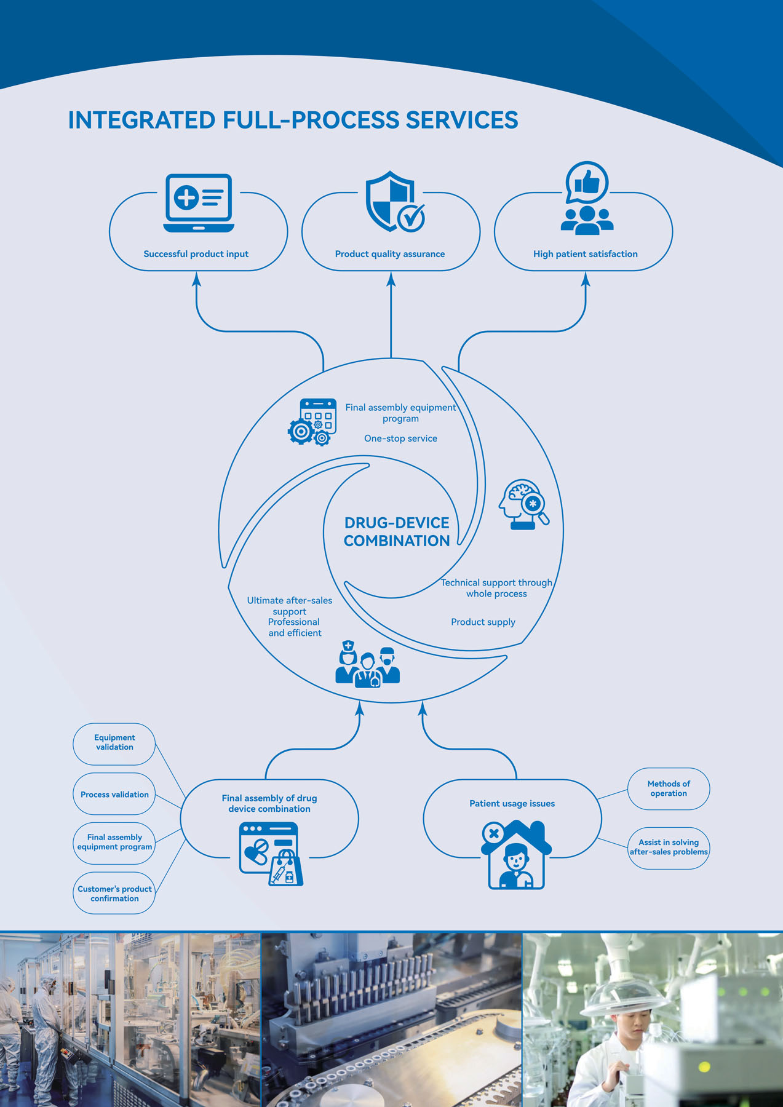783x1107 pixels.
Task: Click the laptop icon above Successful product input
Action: (198, 202)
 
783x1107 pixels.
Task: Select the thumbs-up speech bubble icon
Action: (587, 182)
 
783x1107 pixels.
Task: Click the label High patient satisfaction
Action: (585, 254)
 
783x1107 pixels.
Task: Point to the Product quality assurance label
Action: (389, 254)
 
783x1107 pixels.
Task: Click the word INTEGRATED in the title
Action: (141, 121)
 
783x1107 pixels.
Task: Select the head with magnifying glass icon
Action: (523, 504)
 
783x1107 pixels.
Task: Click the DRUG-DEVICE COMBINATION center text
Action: (397, 531)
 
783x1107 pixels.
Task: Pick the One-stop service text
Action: (400, 438)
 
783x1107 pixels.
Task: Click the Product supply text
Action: (483, 622)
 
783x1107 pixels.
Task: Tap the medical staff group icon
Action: (367, 664)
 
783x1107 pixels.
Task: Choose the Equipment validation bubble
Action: (114, 743)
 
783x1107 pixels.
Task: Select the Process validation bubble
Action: (114, 795)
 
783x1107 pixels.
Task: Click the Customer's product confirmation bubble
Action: (114, 894)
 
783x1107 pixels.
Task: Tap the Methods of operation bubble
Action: (669, 788)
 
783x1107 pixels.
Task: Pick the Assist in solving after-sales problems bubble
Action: (669, 847)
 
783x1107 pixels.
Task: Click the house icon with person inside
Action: (516, 855)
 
